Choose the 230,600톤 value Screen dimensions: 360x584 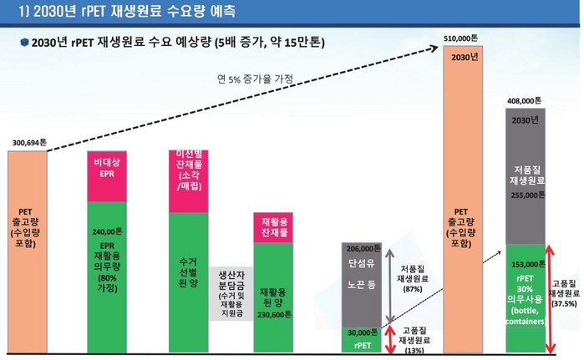coord(274,315)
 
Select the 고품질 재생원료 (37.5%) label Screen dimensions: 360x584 coord(566,293)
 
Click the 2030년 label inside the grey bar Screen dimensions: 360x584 coord(528,119)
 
